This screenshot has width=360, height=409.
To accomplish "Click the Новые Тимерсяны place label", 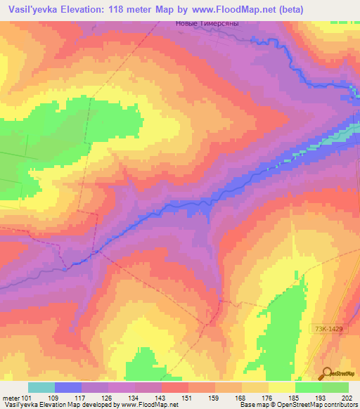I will [206, 23].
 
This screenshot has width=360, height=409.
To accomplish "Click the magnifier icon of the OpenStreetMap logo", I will [327, 373].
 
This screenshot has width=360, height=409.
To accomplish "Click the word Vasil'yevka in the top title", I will [35, 10].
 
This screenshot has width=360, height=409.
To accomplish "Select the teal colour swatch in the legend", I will [41, 387].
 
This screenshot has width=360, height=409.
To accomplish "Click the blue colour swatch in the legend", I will [68, 387].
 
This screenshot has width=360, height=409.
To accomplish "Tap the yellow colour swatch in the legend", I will [282, 387].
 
